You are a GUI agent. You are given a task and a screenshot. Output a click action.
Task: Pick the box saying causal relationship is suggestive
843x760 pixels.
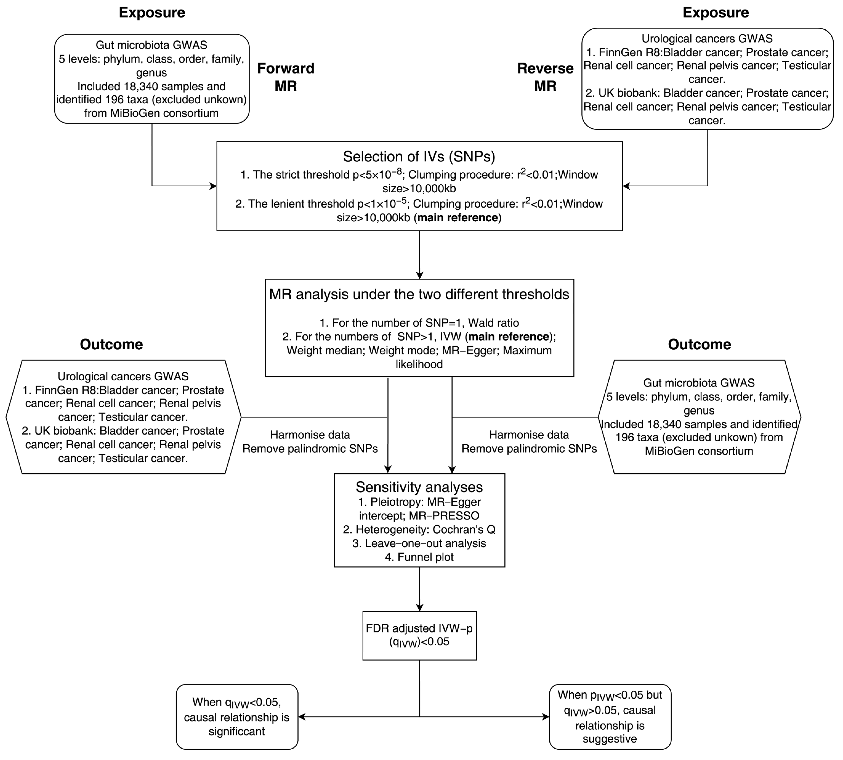click(x=610, y=717)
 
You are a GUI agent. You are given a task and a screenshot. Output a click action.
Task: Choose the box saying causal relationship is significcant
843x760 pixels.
click(x=237, y=717)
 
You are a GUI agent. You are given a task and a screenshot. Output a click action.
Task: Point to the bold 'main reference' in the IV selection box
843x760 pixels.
click(x=458, y=218)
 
